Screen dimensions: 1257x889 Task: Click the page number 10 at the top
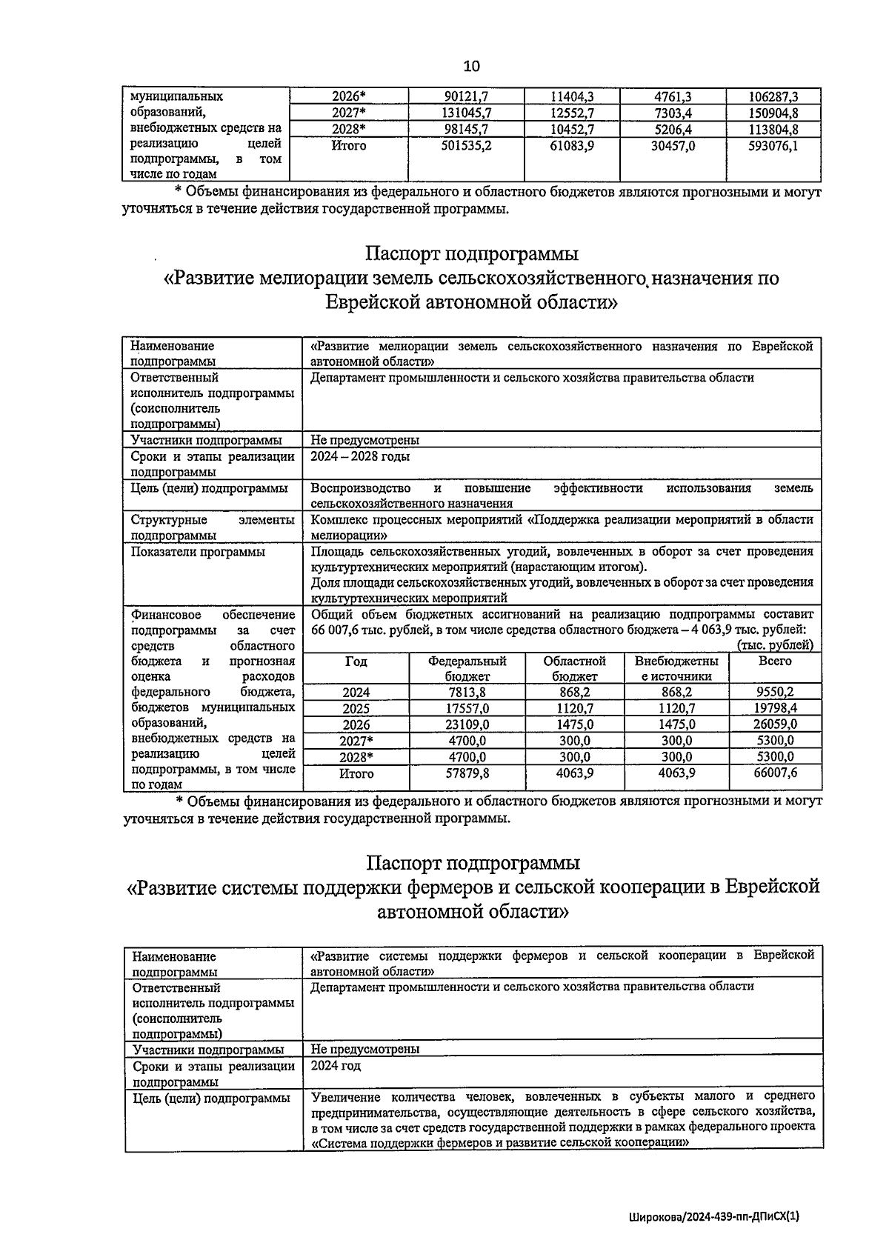471,66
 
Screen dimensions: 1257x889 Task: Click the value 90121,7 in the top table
467,96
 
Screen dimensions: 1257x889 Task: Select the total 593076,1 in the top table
773,146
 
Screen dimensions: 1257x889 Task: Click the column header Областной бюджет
574,668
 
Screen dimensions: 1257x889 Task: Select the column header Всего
774,661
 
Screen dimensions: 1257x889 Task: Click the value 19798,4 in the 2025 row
774,708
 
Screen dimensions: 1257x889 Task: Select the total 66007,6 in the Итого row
774,773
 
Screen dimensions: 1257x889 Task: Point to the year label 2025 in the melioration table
356,708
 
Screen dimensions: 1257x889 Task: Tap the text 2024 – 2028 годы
360,456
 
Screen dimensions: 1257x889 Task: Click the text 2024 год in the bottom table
336,1065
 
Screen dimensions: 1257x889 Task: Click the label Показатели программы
198,552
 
